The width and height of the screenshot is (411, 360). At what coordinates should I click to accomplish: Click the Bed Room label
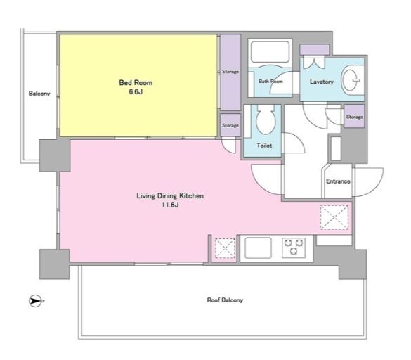136,83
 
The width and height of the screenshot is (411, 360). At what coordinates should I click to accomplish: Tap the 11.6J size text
170,205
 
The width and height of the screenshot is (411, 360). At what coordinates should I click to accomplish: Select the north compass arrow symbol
35,301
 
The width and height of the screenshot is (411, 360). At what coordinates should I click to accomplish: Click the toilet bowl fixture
266,121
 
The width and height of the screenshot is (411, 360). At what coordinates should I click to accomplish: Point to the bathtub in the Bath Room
270,52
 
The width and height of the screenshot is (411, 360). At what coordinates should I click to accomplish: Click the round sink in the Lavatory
351,79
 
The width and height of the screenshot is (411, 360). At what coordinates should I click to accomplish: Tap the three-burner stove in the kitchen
294,247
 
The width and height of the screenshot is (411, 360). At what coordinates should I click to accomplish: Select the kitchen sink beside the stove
258,248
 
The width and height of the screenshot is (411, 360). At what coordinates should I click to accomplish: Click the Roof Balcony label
225,300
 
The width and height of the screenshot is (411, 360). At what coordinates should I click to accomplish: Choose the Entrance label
338,181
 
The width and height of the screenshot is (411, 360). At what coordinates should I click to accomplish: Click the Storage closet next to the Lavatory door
354,116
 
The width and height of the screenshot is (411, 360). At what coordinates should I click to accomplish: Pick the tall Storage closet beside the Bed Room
230,72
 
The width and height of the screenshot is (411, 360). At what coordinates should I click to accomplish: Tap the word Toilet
264,145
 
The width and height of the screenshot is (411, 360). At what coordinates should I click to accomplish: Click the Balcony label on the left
39,94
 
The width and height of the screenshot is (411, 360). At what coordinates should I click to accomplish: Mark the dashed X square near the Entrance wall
334,217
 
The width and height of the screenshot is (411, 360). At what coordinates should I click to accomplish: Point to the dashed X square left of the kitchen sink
225,248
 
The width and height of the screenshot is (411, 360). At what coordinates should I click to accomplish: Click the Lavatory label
322,82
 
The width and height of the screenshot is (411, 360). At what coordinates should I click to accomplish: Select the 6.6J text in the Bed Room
136,92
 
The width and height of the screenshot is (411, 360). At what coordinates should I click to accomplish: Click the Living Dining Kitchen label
170,195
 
